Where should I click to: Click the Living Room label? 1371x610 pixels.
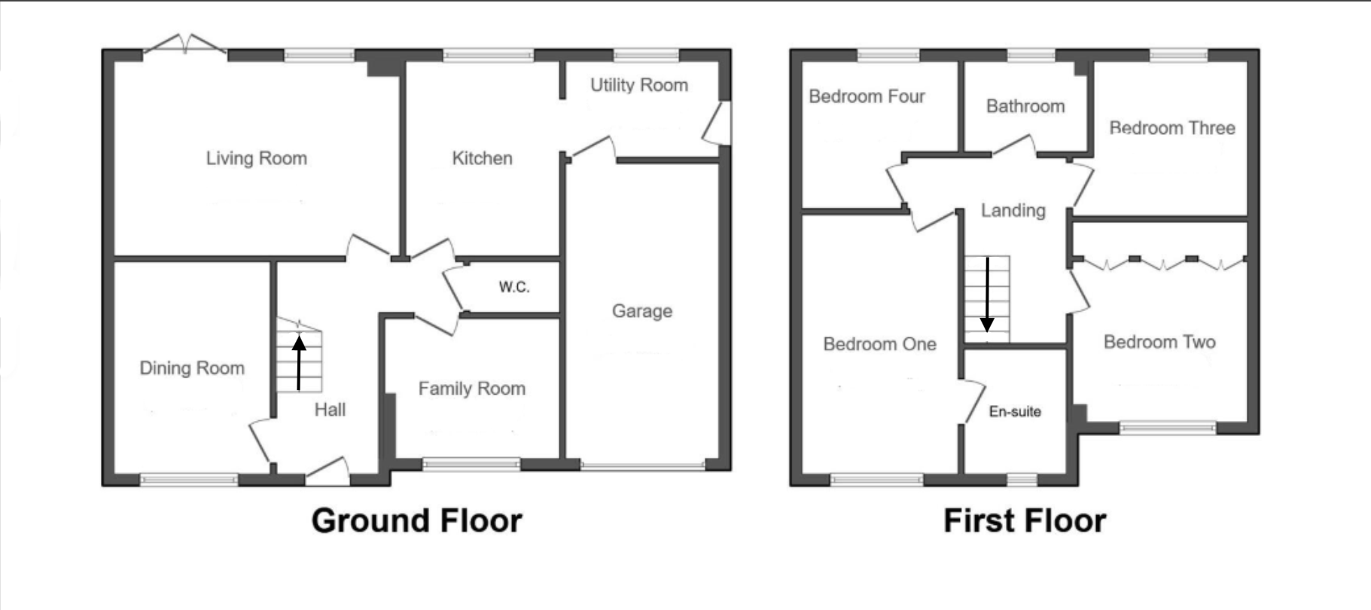[x=256, y=159]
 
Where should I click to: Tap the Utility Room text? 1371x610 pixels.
[x=638, y=85]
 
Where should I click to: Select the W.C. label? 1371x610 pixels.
[x=514, y=287]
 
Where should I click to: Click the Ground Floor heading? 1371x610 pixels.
[x=416, y=521]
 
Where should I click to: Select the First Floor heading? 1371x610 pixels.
[x=1024, y=521]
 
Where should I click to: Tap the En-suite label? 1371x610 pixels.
[x=1015, y=412]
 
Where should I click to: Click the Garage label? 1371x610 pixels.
[x=641, y=311]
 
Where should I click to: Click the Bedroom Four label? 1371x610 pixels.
[x=867, y=96]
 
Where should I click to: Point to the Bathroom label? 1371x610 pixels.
[x=1025, y=106]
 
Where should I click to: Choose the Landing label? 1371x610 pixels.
[x=1013, y=211]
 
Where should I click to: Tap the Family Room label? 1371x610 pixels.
[x=471, y=389]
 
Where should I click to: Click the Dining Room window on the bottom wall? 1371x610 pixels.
[x=189, y=478]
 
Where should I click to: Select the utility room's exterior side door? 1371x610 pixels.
[x=720, y=124]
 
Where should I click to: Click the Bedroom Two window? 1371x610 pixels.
[x=1167, y=428]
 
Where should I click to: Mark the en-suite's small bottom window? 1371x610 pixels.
[x=1022, y=479]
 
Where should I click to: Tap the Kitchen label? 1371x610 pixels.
[x=482, y=159]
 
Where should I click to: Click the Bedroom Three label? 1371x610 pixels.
[x=1172, y=128]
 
